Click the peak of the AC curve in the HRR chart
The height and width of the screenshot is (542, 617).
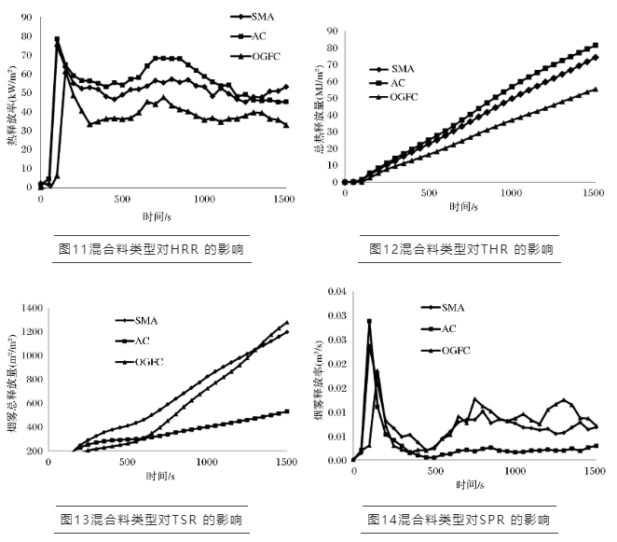57,39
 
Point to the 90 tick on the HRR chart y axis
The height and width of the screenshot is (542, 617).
27,18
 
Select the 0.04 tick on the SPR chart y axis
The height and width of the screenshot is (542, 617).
333,292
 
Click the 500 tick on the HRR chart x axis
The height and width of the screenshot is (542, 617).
120,199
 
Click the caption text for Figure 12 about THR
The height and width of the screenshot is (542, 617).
460,249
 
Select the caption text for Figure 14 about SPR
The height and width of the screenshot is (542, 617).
460,518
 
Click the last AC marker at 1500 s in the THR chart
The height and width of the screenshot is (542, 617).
595,45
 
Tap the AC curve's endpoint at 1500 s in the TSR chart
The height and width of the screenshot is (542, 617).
285,410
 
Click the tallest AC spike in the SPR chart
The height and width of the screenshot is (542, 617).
369,322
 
